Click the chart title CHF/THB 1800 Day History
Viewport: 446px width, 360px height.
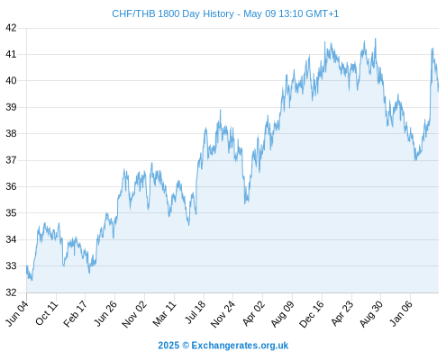pos(173,13)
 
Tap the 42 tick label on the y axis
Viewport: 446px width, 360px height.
pos(11,28)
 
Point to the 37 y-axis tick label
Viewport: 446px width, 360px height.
pos(11,160)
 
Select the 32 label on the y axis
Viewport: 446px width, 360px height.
pos(11,292)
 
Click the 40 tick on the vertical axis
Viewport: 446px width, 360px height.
pos(11,81)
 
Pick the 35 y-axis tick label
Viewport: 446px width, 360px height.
pos(11,213)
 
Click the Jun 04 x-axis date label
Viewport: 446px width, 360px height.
pos(17,313)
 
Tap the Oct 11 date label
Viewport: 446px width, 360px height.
pos(46,313)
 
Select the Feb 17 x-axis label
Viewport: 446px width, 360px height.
pos(75,313)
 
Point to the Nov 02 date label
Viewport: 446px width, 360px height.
pos(134,314)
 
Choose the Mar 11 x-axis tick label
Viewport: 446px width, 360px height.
pos(164,313)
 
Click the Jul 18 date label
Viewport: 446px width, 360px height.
pos(196,312)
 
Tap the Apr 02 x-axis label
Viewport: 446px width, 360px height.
pos(254,313)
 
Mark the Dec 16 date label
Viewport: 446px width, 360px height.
pos(312,314)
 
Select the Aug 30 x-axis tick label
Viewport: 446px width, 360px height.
pos(371,314)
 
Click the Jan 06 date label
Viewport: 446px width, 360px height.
pos(401,313)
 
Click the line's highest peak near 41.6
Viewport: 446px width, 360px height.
pos(376,39)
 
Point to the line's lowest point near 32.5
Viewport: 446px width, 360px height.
pos(32,280)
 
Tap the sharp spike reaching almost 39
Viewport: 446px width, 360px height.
pos(220,110)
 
